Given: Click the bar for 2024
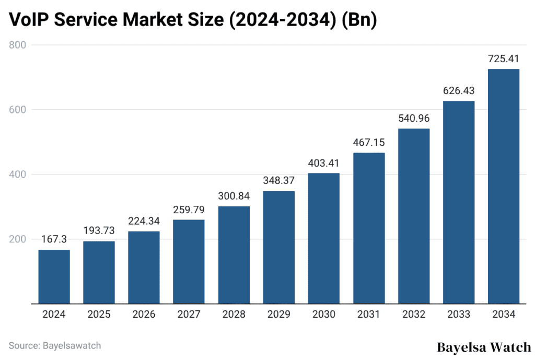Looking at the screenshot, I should [x=54, y=276].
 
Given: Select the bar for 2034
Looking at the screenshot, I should [x=503, y=186].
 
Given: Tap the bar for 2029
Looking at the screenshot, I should [x=278, y=247].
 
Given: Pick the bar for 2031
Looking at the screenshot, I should [x=368, y=228].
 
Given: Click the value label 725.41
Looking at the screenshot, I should [x=503, y=59].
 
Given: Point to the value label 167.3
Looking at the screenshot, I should [x=54, y=240].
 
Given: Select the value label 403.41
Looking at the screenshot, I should [x=323, y=164].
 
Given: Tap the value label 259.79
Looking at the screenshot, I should [x=189, y=210].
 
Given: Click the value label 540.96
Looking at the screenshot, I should [x=413, y=119].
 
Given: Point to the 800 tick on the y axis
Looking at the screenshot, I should [x=19, y=45].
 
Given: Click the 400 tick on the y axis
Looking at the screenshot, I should [x=19, y=175].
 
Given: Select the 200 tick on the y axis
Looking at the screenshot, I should [x=19, y=239].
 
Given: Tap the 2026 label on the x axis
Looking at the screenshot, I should [x=144, y=315].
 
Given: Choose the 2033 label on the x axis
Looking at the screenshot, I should [x=458, y=315].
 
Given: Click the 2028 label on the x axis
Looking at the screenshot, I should [x=234, y=315].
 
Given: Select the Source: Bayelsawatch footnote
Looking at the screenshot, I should [x=55, y=345].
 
